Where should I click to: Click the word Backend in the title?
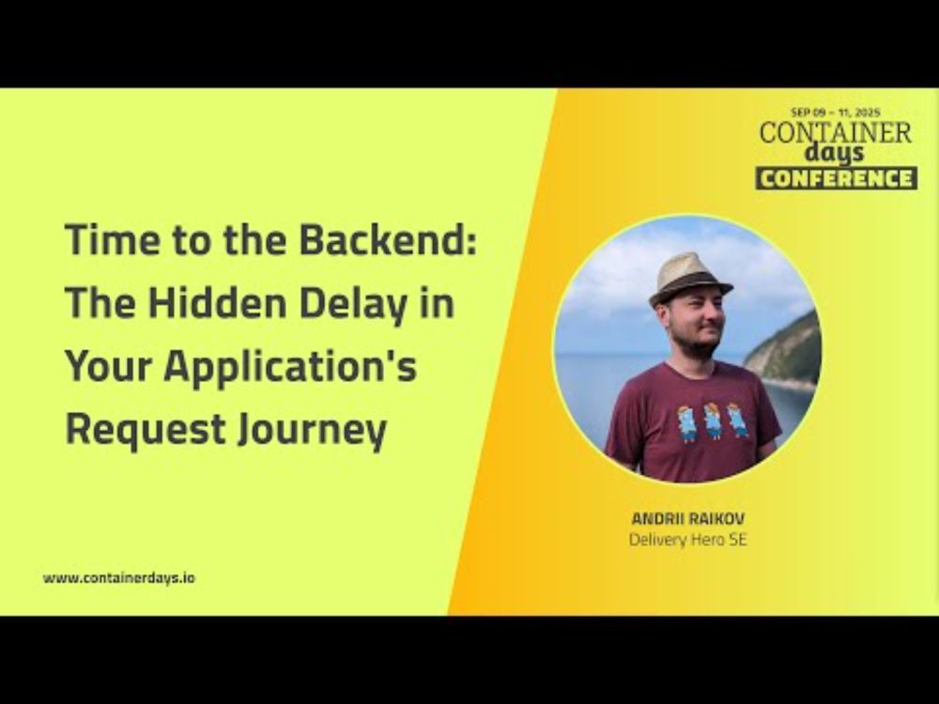click(388, 238)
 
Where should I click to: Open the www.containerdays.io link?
click(118, 578)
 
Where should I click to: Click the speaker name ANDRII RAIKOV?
click(688, 518)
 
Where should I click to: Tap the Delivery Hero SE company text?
click(688, 540)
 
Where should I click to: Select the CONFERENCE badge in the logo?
click(836, 178)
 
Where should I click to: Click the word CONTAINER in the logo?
click(836, 132)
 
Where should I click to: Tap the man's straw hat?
click(690, 279)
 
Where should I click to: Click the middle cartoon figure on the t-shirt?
click(712, 420)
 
